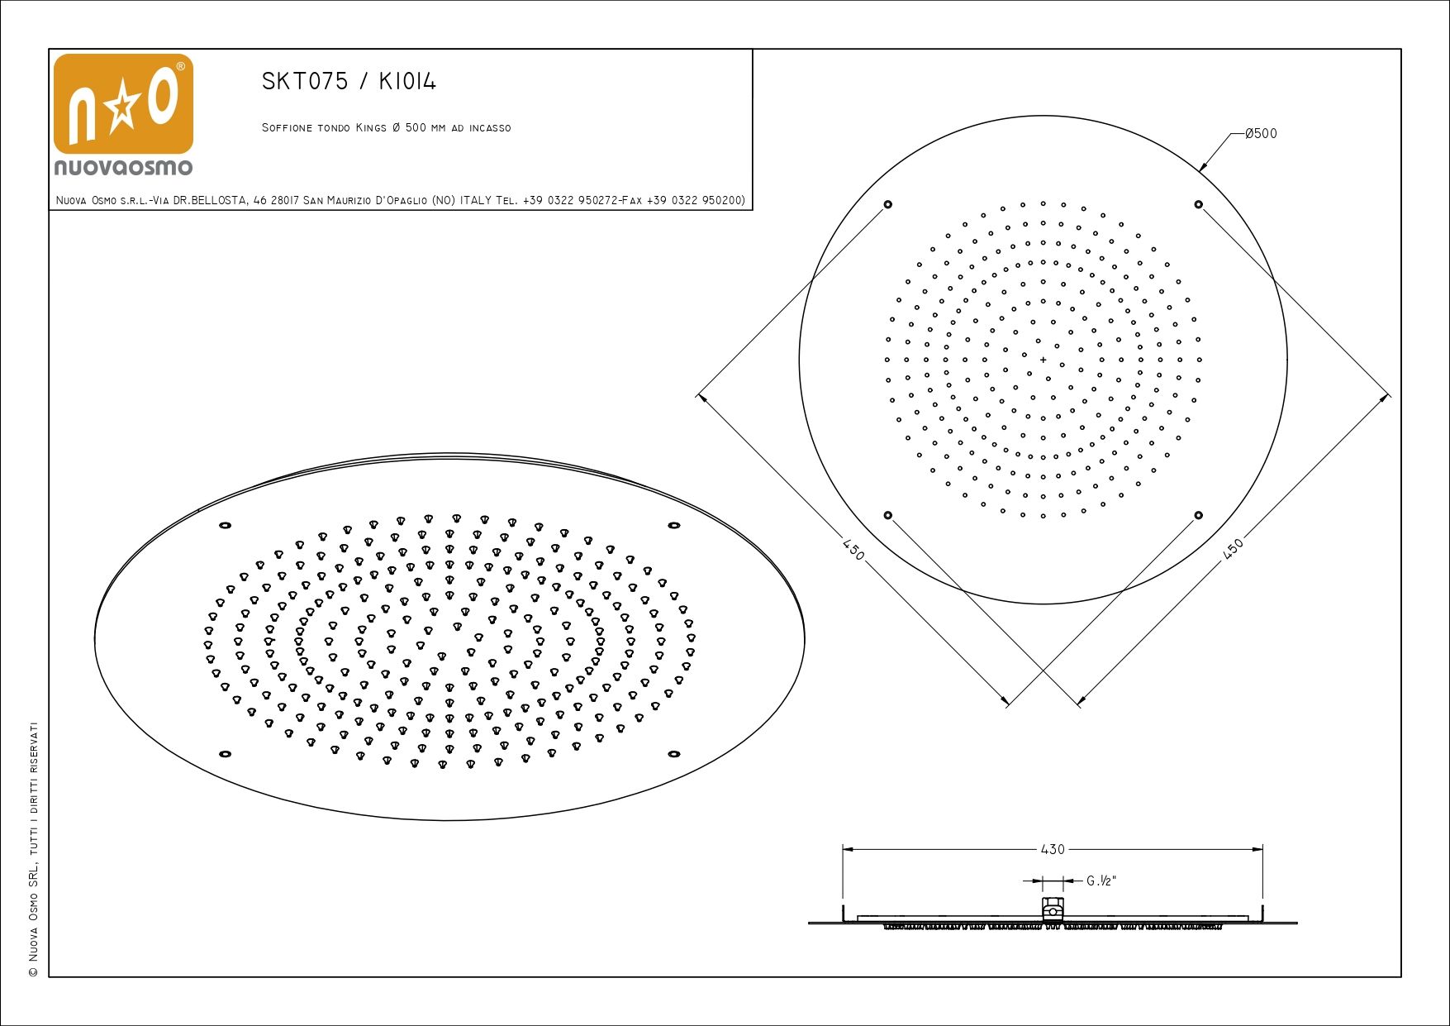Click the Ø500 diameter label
(x=1261, y=133)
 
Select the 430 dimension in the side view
(x=1052, y=849)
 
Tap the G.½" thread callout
(x=1101, y=881)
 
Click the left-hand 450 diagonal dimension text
(x=853, y=549)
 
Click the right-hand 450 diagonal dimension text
(x=1233, y=550)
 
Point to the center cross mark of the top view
(x=1044, y=360)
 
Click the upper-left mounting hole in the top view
(x=888, y=204)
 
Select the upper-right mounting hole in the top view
(x=1198, y=204)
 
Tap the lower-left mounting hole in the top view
(x=888, y=515)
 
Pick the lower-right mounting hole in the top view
(x=1198, y=515)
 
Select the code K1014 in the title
(x=407, y=81)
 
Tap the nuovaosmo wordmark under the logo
(x=123, y=167)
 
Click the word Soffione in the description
(x=287, y=128)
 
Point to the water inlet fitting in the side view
(x=1053, y=909)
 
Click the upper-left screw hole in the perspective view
(x=225, y=525)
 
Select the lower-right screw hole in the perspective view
(x=674, y=754)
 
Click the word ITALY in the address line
(x=476, y=200)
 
